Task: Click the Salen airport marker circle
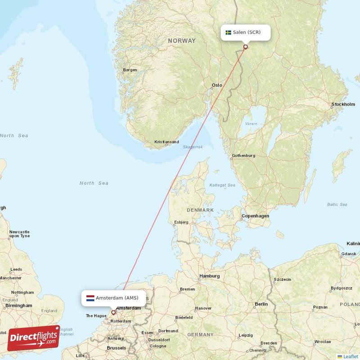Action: (x=245, y=46)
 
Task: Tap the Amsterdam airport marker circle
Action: (x=113, y=312)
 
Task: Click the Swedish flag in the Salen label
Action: (x=228, y=32)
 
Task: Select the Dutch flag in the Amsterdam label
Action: (x=90, y=298)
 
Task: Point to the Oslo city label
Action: (x=217, y=85)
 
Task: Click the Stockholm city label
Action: (x=343, y=104)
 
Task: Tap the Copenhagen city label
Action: (x=255, y=216)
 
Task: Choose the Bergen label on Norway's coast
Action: (x=130, y=70)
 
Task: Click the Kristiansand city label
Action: (x=166, y=142)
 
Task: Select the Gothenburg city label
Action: (x=243, y=156)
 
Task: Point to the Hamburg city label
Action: (x=210, y=276)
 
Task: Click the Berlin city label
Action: (x=261, y=304)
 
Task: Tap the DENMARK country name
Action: (x=200, y=210)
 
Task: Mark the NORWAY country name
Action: (x=182, y=41)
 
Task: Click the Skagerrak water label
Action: (x=193, y=147)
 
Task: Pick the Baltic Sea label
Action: (x=337, y=205)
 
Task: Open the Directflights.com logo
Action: (x=34, y=338)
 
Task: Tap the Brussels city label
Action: (x=117, y=348)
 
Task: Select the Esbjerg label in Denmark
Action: (x=181, y=222)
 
